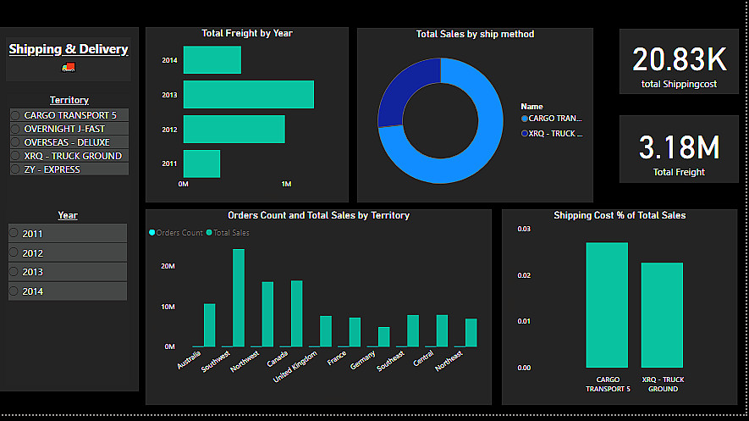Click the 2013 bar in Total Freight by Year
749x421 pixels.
pyautogui.click(x=248, y=94)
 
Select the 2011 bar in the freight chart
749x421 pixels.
pyautogui.click(x=201, y=163)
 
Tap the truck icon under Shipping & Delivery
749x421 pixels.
pyautogui.click(x=69, y=67)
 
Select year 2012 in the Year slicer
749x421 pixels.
pyautogui.click(x=68, y=252)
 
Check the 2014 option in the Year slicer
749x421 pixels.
pyautogui.click(x=68, y=291)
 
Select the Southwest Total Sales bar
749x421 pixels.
pyautogui.click(x=239, y=297)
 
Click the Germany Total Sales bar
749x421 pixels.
pyautogui.click(x=383, y=336)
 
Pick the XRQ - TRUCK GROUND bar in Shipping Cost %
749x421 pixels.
pyautogui.click(x=662, y=315)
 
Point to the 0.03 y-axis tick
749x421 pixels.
pyautogui.click(x=524, y=230)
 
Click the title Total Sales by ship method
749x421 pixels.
pyautogui.click(x=475, y=35)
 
